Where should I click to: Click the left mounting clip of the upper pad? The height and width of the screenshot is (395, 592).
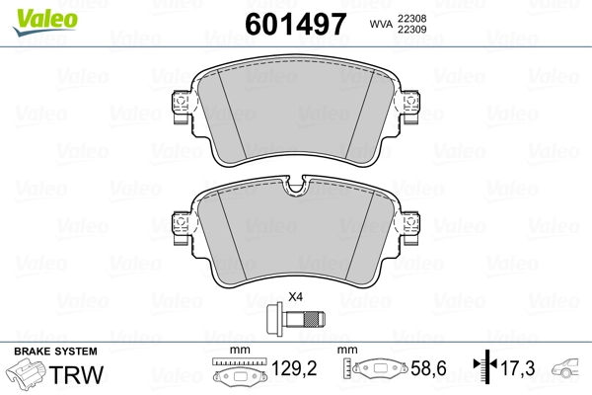(180, 108)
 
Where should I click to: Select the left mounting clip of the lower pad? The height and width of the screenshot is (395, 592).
(180, 227)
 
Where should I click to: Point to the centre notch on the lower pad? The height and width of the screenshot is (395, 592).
(294, 189)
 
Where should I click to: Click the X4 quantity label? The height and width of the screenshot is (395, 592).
(294, 297)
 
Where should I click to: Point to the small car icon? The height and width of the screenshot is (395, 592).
(569, 370)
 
